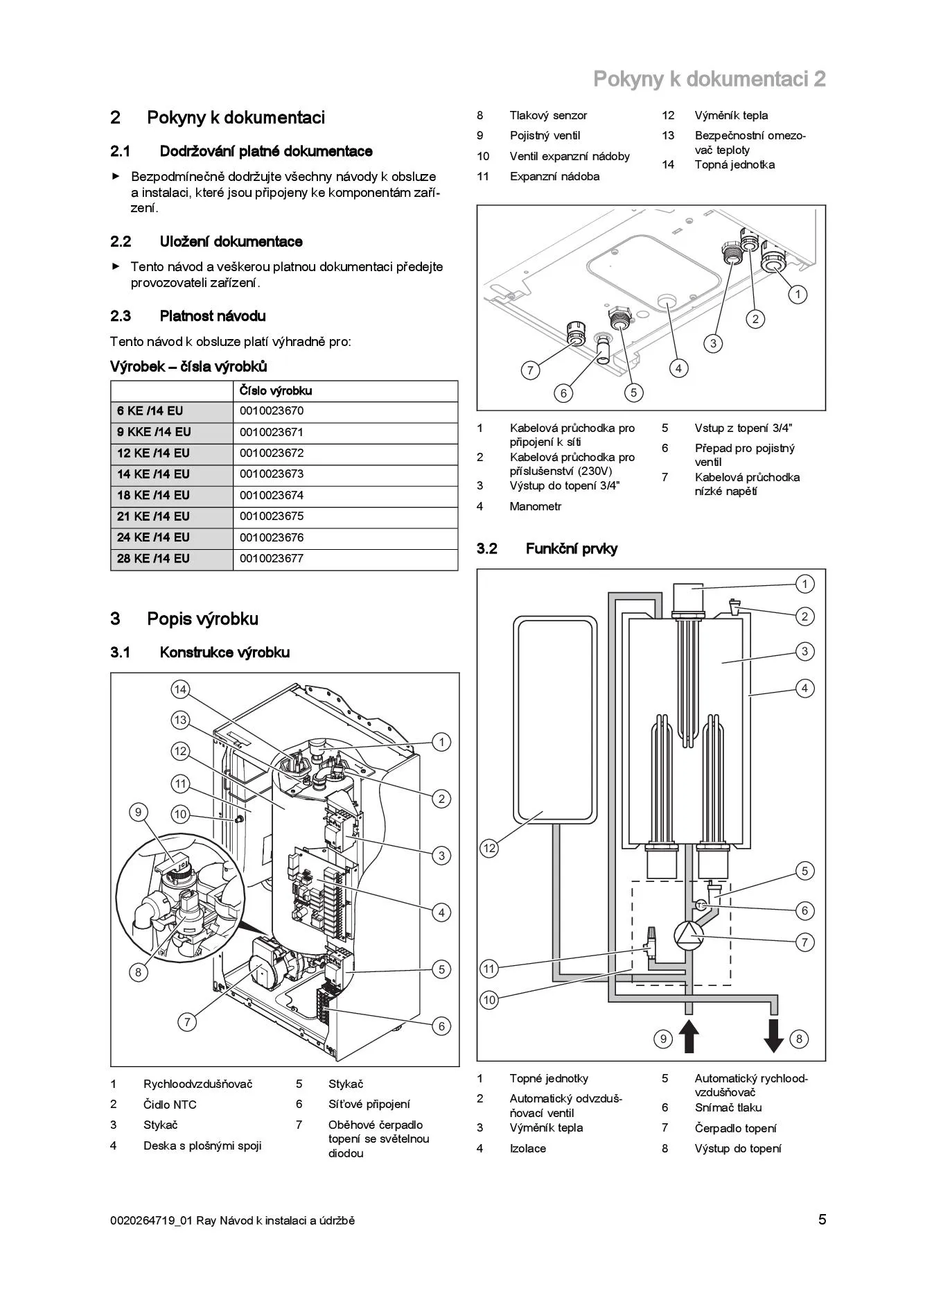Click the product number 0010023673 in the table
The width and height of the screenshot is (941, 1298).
(x=272, y=474)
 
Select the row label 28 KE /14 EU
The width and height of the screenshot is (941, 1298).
(x=153, y=559)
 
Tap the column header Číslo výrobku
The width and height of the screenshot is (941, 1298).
(x=276, y=391)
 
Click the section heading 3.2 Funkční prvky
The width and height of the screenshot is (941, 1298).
(x=547, y=549)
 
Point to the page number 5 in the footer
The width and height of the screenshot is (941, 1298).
(x=822, y=1220)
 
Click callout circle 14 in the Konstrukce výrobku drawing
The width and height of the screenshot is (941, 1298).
(x=180, y=689)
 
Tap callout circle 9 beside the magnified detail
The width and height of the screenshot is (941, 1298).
(x=139, y=812)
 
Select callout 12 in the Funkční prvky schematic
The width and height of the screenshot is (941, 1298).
(x=489, y=848)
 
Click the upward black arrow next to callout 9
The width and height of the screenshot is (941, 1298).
(x=688, y=1037)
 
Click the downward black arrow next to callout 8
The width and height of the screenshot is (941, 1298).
(x=774, y=1037)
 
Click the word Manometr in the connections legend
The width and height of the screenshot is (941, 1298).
(x=536, y=507)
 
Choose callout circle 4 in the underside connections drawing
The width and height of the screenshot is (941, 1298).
(x=678, y=368)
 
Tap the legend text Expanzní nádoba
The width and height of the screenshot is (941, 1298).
(x=554, y=177)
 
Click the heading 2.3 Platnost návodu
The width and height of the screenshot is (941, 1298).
(x=188, y=316)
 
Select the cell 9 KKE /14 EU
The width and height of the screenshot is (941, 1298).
(x=154, y=433)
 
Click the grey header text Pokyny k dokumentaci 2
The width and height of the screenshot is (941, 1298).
(x=709, y=79)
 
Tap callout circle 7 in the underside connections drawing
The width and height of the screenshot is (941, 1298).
(x=530, y=370)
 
